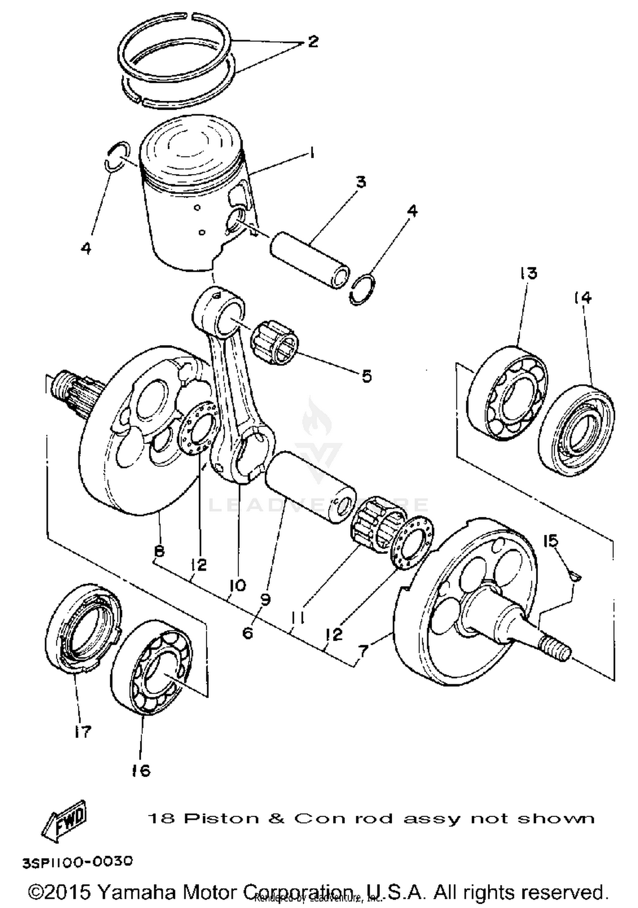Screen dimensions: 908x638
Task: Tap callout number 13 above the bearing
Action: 528,273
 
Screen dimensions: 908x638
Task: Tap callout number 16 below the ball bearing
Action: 141,770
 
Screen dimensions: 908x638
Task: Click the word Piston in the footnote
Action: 221,819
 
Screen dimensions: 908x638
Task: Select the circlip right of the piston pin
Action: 363,290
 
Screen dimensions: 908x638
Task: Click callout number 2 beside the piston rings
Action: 313,41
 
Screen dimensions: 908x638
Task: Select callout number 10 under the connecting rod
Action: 237,586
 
